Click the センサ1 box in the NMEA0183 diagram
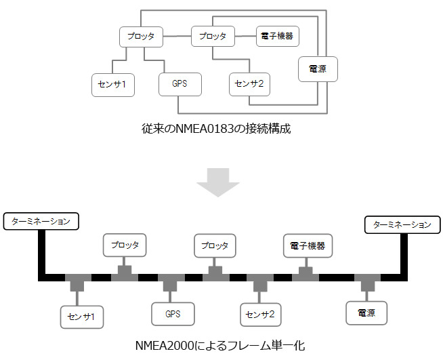coord(113,85)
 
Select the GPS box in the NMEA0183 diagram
coord(180,85)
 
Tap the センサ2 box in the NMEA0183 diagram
coord(249,85)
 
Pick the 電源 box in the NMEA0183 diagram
coord(318,69)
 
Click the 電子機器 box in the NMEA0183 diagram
coord(278,36)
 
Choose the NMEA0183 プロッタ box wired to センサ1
coord(142,36)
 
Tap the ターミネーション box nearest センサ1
coord(41,222)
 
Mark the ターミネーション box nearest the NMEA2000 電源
coord(402,224)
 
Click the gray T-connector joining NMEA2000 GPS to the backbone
coord(169,281)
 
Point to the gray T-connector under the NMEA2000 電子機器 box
coord(304,275)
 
